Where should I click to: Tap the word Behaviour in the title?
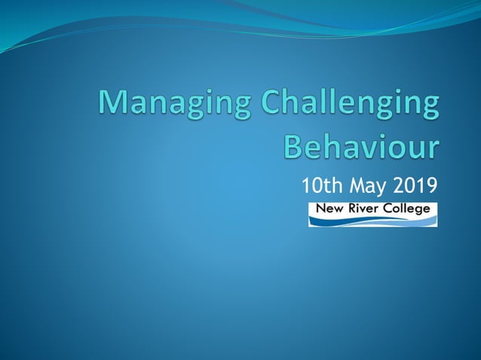[x=360, y=146]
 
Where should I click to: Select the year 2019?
[x=415, y=185]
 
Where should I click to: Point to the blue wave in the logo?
[x=372, y=220]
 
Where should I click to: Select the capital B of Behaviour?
[x=294, y=145]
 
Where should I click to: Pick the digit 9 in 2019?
[x=431, y=185]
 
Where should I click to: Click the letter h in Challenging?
[x=295, y=103]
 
